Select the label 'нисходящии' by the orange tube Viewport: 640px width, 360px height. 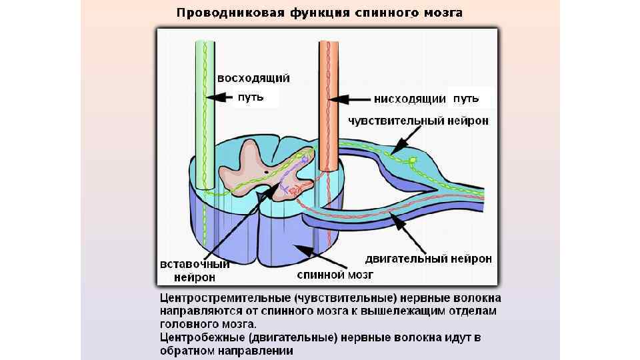pos(410,99)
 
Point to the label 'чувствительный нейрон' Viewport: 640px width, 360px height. pos(419,121)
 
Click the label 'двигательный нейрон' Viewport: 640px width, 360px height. pos(429,257)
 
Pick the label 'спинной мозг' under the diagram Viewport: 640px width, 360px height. pos(335,273)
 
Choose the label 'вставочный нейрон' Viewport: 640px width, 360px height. pos(192,270)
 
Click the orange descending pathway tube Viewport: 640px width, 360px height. pos(327,107)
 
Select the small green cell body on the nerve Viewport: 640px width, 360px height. pos(413,160)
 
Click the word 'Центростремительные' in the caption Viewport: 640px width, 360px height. pos(225,297)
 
